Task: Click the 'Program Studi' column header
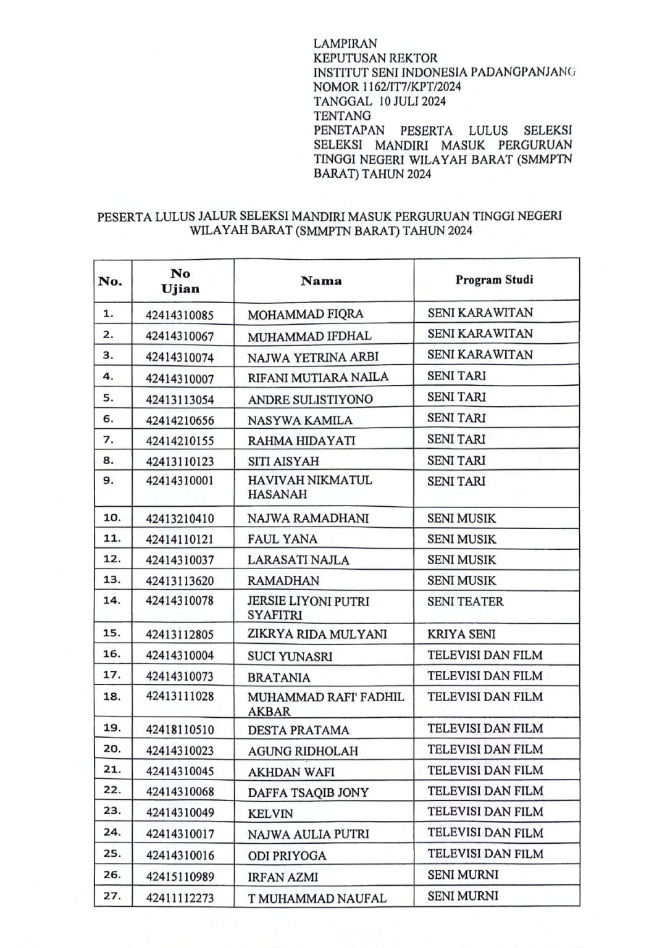[494, 280]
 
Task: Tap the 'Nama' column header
[321, 281]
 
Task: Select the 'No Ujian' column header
[180, 281]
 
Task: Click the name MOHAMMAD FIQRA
[305, 314]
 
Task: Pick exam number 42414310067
[180, 336]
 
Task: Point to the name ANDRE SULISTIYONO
[310, 399]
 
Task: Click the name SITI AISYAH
[283, 461]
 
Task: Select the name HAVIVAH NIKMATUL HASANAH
[310, 487]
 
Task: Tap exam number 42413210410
[180, 518]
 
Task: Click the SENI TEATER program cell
[465, 601]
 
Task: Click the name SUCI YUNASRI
[290, 656]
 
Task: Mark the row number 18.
[112, 696]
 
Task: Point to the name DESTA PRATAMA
[298, 730]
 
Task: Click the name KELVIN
[270, 813]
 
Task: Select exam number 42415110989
[180, 877]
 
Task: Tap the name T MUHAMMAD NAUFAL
[317, 899]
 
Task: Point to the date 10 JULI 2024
[412, 101]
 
